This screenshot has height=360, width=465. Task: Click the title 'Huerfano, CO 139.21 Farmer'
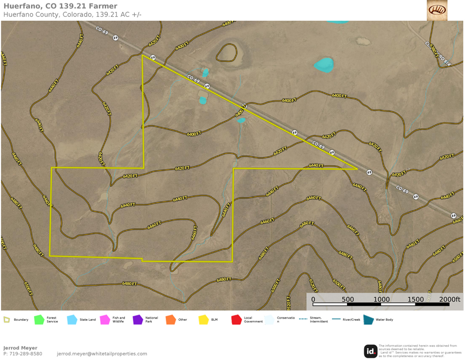(x=60, y=6)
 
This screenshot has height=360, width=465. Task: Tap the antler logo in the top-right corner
(x=437, y=10)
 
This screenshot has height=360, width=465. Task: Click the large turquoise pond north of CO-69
(x=324, y=65)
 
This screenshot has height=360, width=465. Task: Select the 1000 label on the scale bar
(x=382, y=300)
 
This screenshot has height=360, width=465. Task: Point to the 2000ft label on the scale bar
(x=450, y=300)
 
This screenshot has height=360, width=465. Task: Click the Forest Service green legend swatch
(x=39, y=320)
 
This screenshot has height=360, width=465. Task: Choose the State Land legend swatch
(x=72, y=320)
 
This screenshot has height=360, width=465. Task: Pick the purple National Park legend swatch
(x=138, y=320)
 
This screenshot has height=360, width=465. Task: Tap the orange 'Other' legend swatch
(x=170, y=320)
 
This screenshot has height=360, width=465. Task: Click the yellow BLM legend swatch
(x=203, y=320)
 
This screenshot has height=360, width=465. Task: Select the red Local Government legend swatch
(x=236, y=320)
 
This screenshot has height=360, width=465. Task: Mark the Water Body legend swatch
(x=368, y=320)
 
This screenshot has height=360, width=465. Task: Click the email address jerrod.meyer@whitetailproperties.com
(x=102, y=354)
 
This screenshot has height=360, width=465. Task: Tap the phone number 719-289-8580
(x=22, y=354)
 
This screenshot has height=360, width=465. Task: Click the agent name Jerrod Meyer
(x=20, y=348)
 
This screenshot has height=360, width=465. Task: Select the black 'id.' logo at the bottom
(x=371, y=351)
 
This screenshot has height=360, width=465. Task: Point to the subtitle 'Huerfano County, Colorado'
(x=54, y=14)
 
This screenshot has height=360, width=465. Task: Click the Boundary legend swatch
(x=6, y=320)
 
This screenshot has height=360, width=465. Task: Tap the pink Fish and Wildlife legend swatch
(x=105, y=320)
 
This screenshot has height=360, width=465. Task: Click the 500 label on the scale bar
(x=348, y=300)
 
